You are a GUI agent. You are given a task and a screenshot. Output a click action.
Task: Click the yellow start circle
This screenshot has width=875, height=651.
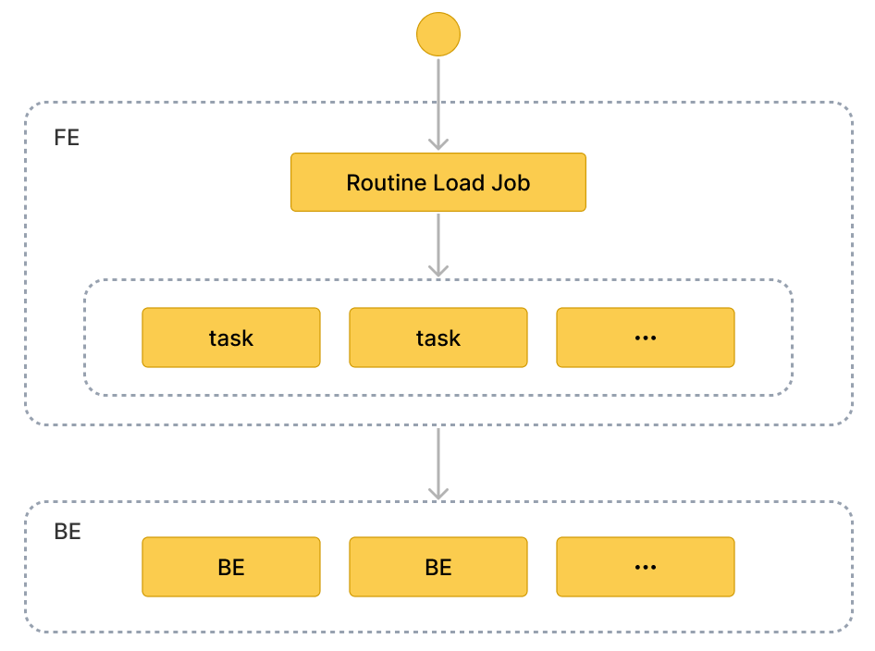click(x=438, y=35)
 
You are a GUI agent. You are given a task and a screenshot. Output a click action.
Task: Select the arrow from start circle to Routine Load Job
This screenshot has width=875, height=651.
click(x=438, y=102)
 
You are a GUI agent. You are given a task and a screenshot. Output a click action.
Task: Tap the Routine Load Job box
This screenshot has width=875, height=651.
click(x=438, y=182)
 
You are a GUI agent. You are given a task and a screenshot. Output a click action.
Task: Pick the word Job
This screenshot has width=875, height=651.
click(x=511, y=182)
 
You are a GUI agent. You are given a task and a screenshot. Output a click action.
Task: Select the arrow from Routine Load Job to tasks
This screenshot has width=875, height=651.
click(x=438, y=242)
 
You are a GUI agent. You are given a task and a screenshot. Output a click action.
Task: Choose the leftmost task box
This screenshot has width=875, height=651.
click(x=231, y=338)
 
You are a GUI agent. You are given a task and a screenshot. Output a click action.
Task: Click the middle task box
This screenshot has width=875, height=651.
click(x=438, y=338)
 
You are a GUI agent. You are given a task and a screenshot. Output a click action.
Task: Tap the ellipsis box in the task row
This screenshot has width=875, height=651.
click(x=645, y=338)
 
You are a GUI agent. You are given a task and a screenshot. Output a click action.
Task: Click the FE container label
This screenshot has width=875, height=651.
click(x=67, y=139)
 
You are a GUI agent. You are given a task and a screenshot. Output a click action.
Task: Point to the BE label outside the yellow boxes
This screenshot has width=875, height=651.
click(x=68, y=532)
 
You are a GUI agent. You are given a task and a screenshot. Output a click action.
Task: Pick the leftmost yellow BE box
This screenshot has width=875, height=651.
click(x=231, y=567)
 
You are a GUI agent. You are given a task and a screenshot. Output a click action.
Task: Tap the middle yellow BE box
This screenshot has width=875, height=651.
click(x=438, y=567)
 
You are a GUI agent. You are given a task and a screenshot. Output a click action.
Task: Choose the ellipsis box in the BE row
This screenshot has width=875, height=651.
click(x=645, y=567)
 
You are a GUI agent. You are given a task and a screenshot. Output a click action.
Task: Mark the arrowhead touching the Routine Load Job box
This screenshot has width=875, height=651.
click(x=438, y=144)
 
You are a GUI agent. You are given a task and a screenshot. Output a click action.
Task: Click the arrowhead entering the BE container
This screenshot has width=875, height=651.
click(x=438, y=494)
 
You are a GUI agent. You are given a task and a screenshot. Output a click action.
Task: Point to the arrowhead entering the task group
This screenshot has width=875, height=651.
click(x=438, y=270)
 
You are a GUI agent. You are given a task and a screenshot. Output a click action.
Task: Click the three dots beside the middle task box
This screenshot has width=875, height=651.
click(x=645, y=338)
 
